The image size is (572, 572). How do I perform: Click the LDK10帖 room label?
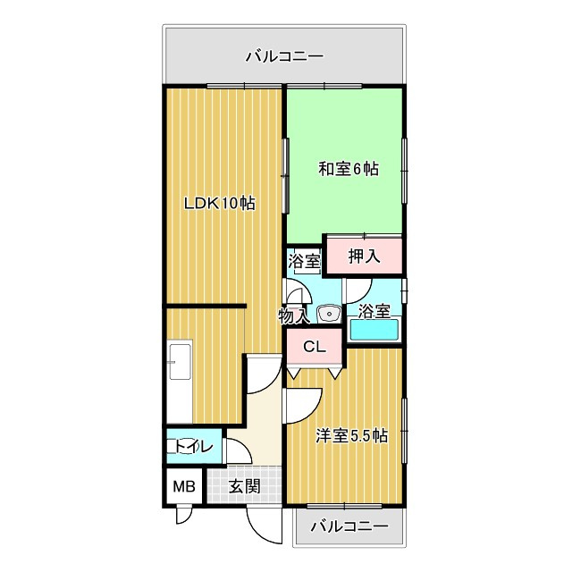(x=220, y=203)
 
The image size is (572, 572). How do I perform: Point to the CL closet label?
(x=313, y=348)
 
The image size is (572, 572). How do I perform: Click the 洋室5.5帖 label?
(x=352, y=436)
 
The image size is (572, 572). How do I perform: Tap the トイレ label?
(x=194, y=447)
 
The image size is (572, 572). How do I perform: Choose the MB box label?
(x=183, y=487)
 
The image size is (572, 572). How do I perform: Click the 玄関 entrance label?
(x=243, y=487)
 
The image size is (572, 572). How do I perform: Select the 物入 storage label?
(x=293, y=315)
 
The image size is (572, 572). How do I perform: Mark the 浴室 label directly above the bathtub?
(x=374, y=311)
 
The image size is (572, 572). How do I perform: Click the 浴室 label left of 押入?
(x=304, y=262)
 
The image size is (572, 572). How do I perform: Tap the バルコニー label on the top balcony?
(x=284, y=57)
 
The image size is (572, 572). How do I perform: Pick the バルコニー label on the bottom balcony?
(x=349, y=526)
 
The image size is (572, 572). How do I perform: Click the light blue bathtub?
(x=374, y=330)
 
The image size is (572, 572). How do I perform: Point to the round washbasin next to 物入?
(x=327, y=314)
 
